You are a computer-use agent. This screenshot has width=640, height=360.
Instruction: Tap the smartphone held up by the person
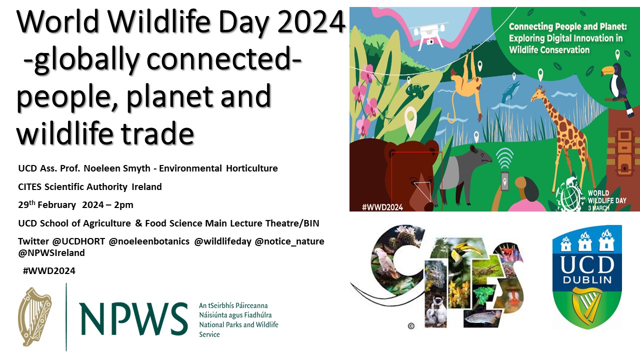click(x=504, y=180)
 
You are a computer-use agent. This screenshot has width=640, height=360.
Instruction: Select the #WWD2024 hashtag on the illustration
click(x=382, y=207)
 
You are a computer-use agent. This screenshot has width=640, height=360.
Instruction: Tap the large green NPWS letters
click(x=133, y=319)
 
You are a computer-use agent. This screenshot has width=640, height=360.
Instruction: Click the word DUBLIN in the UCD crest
click(x=587, y=280)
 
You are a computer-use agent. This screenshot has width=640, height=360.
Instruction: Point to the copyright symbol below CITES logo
click(x=411, y=326)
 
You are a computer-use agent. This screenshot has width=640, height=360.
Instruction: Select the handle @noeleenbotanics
click(x=149, y=241)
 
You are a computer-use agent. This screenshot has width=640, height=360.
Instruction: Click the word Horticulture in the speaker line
click(x=251, y=168)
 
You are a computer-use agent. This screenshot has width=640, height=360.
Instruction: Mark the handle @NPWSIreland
click(x=51, y=253)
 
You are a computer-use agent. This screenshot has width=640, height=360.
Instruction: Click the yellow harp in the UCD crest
click(x=587, y=305)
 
